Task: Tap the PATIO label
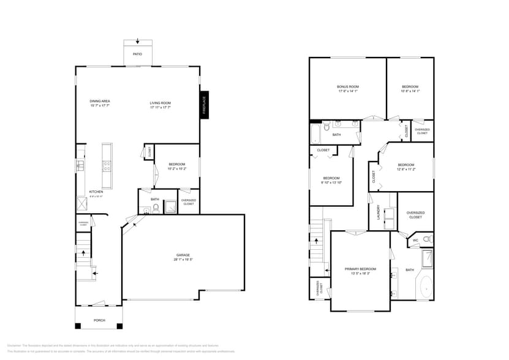tap(138, 54)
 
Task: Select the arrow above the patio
tap(138, 42)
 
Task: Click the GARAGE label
tap(183, 255)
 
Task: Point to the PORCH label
tap(99, 320)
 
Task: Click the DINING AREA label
tap(100, 101)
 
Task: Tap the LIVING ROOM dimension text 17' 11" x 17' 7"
tap(160, 107)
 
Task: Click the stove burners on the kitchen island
tap(107, 164)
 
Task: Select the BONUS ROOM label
tap(347, 87)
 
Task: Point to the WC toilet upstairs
tap(428, 238)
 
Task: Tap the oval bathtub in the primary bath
tap(425, 288)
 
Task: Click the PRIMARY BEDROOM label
tap(360, 269)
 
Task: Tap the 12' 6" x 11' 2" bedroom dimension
tap(406, 170)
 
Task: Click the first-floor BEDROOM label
tap(176, 164)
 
